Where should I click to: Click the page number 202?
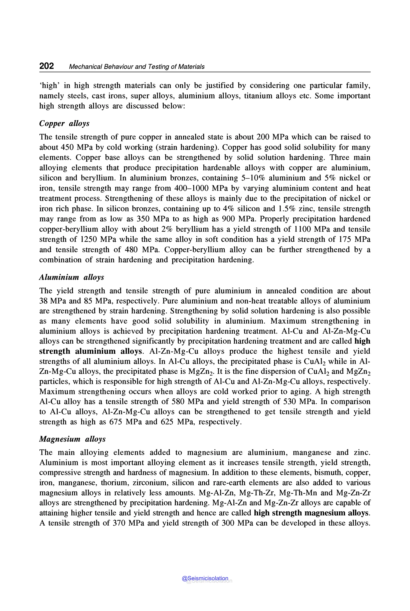(x=46, y=66)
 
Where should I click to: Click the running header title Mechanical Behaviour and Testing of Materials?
(x=137, y=67)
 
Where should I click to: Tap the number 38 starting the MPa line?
(x=43, y=301)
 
